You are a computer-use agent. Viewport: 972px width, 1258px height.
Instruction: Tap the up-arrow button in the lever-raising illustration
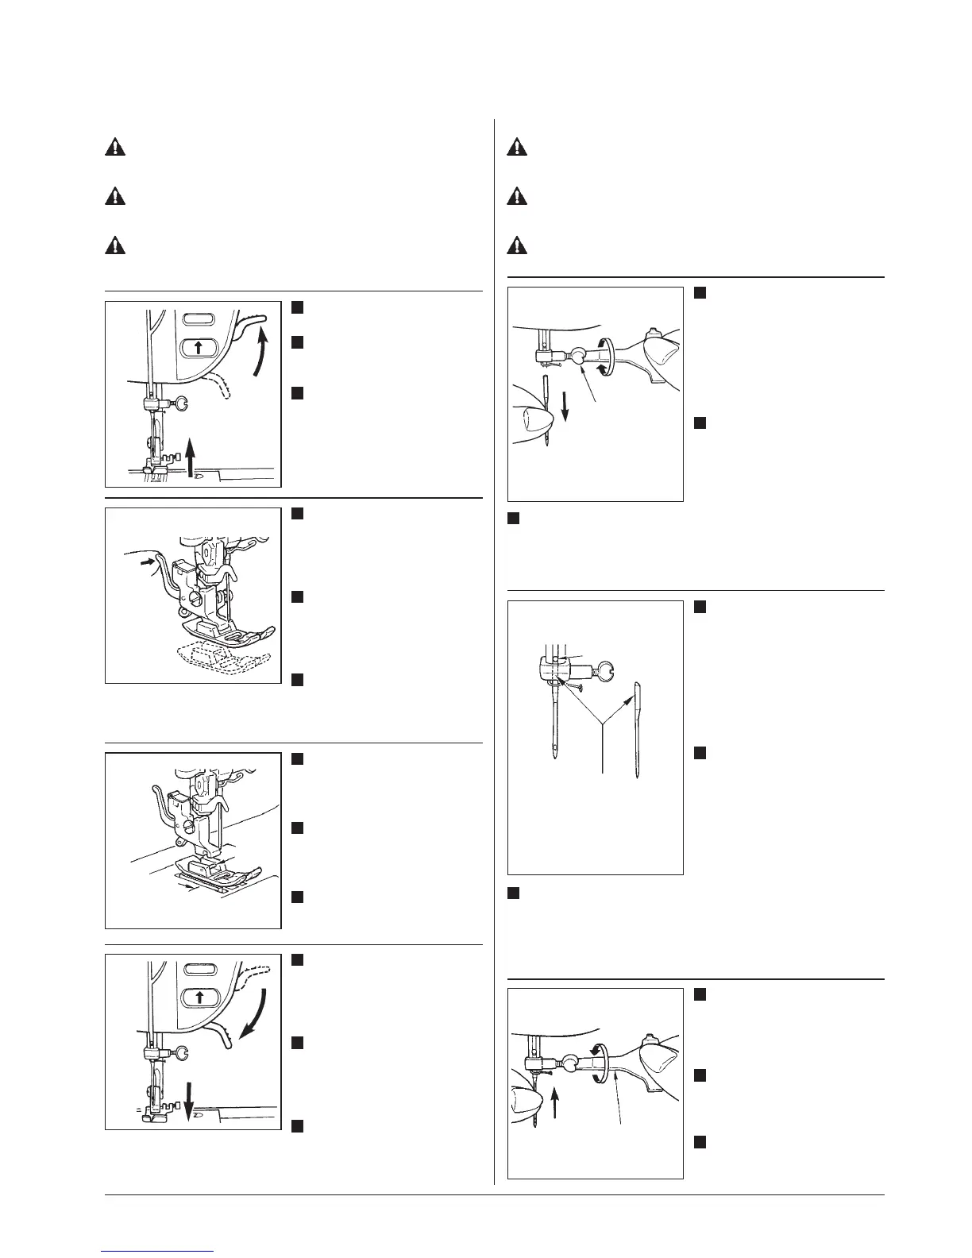199,347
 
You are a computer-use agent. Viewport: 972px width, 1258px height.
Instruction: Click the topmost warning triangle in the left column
115,149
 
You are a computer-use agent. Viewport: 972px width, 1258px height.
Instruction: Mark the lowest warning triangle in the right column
518,245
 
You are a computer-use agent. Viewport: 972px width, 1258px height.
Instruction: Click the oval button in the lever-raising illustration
199,319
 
